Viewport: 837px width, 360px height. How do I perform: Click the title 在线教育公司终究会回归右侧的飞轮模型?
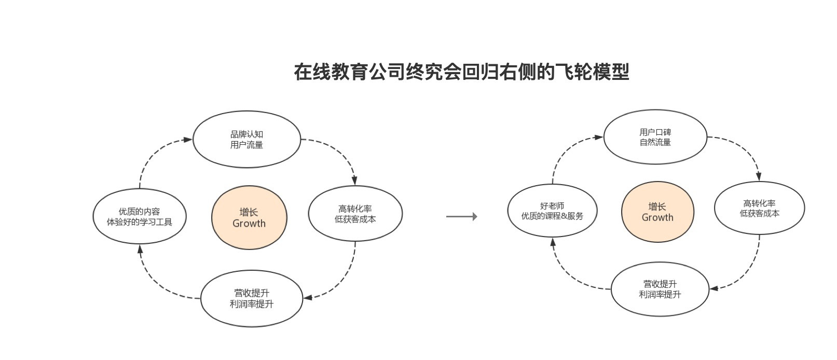(x=461, y=72)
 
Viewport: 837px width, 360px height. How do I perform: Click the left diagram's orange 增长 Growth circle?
(x=249, y=218)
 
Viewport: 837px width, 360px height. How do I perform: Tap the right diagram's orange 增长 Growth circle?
(x=657, y=212)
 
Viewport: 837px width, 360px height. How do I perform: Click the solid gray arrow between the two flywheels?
(x=461, y=217)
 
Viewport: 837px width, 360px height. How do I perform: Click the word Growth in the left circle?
(x=249, y=224)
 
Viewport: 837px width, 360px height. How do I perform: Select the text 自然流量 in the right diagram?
(x=655, y=142)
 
